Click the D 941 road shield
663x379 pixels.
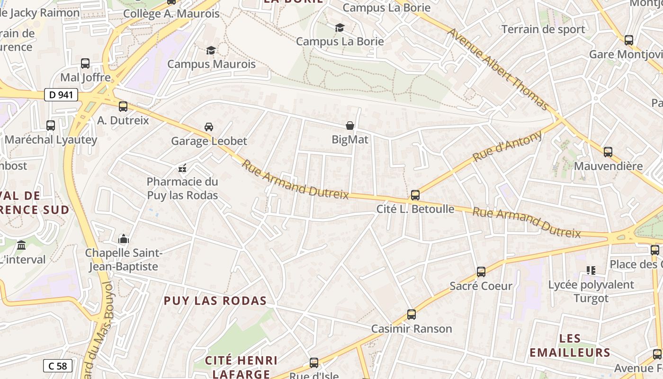pos(61,95)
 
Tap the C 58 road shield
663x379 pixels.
pos(58,366)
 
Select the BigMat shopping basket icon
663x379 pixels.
pos(350,126)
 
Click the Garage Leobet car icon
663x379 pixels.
pos(209,127)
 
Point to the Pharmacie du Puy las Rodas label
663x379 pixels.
pos(182,189)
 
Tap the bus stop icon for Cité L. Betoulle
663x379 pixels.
pos(415,195)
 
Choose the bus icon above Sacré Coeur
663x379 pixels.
pos(481,272)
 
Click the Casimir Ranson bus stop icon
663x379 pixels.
pos(412,315)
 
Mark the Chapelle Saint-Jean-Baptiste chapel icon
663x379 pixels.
pos(124,238)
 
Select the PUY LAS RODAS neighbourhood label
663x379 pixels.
pos(215,301)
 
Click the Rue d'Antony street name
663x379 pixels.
pos(507,146)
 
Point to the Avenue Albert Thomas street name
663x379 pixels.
pos(498,69)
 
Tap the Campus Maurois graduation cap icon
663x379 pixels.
pos(211,50)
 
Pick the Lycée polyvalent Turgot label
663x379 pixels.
pos(591,291)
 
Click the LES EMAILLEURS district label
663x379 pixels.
pos(570,345)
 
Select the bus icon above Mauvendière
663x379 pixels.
pos(608,152)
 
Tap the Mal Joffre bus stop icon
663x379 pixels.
pos(85,63)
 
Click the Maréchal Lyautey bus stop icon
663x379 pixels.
pos(51,126)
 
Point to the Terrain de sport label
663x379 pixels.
pos(543,29)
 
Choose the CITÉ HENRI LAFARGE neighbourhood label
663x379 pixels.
pos(241,367)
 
